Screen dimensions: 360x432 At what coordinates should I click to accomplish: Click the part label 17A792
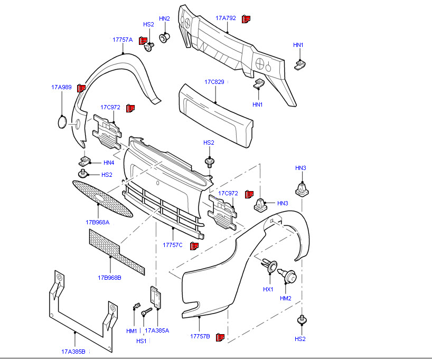coord(226,18)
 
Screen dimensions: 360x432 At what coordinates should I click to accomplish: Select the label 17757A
coord(123,40)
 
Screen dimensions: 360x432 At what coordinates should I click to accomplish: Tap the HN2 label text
coord(164,18)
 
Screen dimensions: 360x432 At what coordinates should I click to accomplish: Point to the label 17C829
coord(214,82)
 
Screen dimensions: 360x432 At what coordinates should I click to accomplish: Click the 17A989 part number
coord(61,87)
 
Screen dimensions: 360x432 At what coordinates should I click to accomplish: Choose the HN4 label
coord(109,163)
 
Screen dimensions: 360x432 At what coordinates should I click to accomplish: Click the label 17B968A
coord(98,222)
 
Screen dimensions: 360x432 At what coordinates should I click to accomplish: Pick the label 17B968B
coord(109,277)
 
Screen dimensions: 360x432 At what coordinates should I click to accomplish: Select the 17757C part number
coord(173,245)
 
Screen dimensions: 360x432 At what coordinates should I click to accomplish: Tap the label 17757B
coord(200,336)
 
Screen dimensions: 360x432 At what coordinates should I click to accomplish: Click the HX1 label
coord(268,289)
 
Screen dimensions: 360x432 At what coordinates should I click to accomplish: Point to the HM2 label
coord(286,298)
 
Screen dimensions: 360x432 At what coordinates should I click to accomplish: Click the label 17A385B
coord(73,351)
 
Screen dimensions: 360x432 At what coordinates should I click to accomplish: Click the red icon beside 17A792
coord(246,19)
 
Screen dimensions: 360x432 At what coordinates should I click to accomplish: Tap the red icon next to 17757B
coord(220,337)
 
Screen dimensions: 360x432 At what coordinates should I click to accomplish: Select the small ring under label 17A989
coord(62,122)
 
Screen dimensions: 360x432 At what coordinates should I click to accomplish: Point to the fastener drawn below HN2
coord(165,37)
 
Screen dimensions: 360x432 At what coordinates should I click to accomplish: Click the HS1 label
coord(142,341)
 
